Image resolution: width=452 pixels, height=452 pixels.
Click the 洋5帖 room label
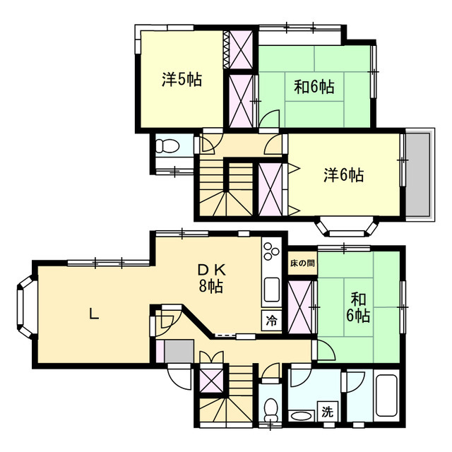[182, 80]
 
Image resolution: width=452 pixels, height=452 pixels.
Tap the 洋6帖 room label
[344, 175]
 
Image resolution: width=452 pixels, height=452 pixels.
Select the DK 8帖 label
[211, 278]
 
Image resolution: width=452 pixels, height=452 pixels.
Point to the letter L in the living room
[94, 314]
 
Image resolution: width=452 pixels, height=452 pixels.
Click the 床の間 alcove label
[302, 263]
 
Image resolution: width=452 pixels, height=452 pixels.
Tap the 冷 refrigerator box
[271, 320]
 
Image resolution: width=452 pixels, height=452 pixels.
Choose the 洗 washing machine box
[327, 412]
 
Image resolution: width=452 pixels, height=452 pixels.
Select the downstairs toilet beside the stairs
[270, 410]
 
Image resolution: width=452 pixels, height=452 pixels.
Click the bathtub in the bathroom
[386, 395]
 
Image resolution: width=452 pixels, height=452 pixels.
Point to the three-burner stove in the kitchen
[271, 251]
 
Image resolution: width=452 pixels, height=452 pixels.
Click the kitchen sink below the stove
[271, 290]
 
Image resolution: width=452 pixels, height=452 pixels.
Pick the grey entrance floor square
[179, 351]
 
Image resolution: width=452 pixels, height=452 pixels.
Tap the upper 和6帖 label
[314, 86]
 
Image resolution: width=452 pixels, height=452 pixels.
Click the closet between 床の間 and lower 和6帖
[299, 307]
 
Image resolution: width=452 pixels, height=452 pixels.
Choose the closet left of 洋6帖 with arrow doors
[270, 189]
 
